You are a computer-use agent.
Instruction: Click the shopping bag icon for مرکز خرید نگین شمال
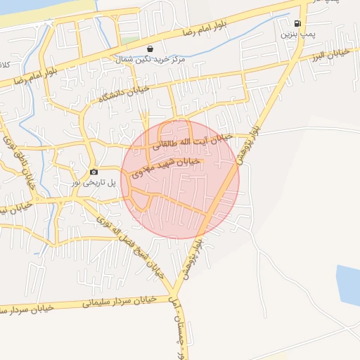coord(150,49)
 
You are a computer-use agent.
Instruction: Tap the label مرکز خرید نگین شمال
coord(150,60)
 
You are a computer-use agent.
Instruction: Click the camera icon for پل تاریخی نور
coord(94,172)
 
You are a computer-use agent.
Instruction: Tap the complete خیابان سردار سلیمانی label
coord(110,301)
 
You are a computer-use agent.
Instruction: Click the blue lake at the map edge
coord(348,285)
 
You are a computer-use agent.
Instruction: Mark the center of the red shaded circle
coord(180,179)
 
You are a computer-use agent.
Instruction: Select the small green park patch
coord(129,40)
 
